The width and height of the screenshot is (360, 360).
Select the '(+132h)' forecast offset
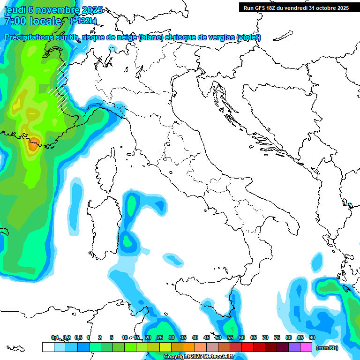point(83,21)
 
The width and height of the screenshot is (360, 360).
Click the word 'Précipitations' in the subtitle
point(28,37)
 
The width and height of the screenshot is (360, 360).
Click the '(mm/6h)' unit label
point(327,348)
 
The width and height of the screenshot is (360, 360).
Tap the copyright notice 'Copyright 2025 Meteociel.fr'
point(199,357)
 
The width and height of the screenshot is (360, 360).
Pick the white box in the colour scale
point(48,347)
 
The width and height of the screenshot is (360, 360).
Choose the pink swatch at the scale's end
point(306,347)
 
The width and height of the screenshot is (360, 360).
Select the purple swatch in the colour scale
point(294,347)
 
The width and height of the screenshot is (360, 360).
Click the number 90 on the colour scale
point(312,338)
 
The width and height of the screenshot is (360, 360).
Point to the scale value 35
point(183,338)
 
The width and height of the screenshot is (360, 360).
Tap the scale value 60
point(242,338)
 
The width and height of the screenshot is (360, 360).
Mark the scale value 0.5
point(78,338)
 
